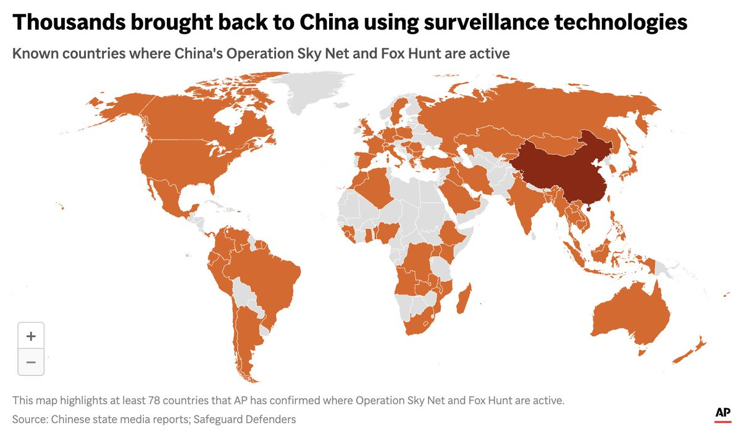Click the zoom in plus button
tap(31, 336)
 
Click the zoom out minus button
tap(31, 362)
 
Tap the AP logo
tap(722, 414)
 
